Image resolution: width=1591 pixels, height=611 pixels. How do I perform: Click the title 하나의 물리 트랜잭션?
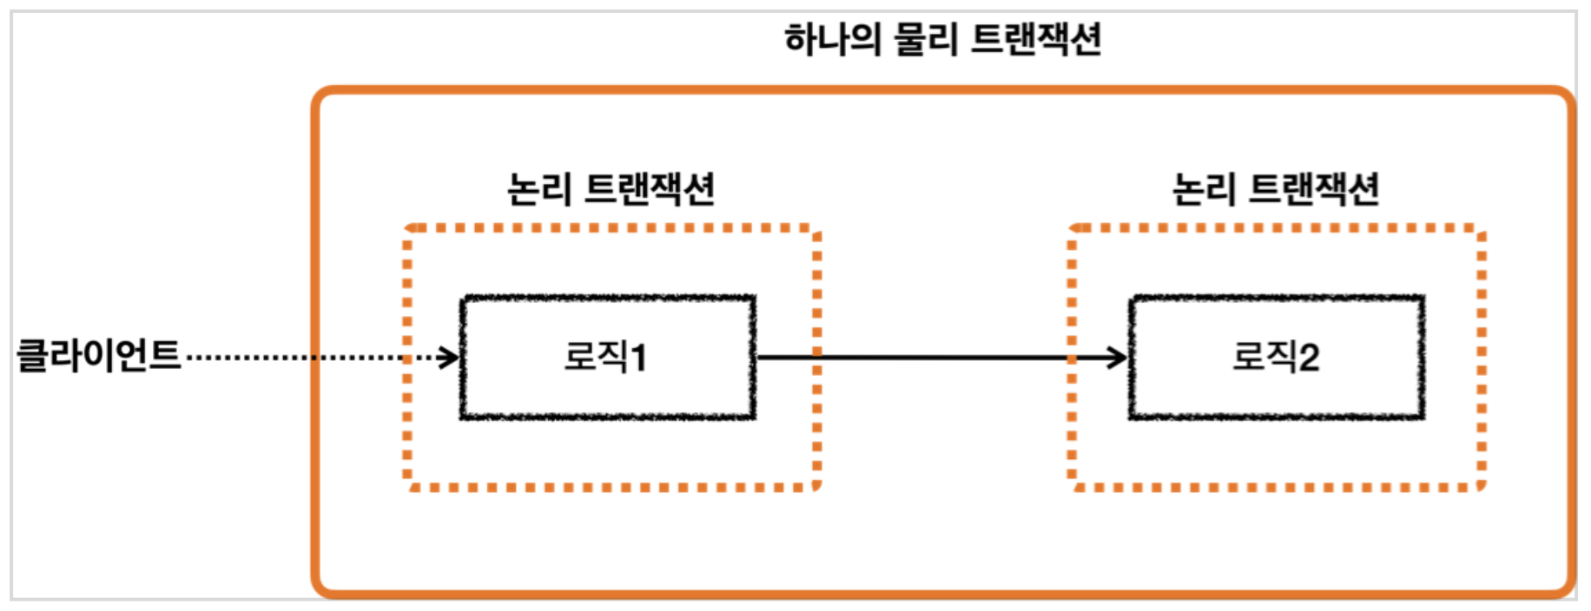click(942, 40)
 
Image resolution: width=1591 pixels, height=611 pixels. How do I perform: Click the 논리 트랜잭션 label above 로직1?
click(611, 189)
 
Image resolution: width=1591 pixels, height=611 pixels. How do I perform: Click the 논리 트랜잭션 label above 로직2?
click(1275, 189)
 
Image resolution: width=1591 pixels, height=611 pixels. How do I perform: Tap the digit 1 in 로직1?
click(638, 358)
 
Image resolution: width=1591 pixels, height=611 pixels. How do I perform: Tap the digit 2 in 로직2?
click(1309, 358)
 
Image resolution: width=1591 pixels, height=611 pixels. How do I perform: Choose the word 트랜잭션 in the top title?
click(1035, 40)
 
